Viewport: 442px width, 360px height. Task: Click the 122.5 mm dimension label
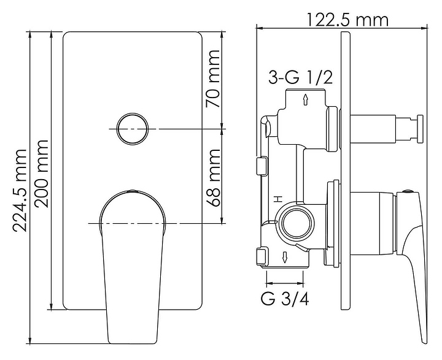[347, 20]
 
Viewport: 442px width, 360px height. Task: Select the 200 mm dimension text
[41, 174]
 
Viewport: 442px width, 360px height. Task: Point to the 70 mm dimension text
[212, 79]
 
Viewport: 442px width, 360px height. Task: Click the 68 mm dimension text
[213, 178]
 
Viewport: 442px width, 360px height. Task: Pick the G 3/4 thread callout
[284, 299]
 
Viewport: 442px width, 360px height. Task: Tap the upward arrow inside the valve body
[305, 100]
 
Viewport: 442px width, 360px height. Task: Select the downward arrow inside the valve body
[285, 257]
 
